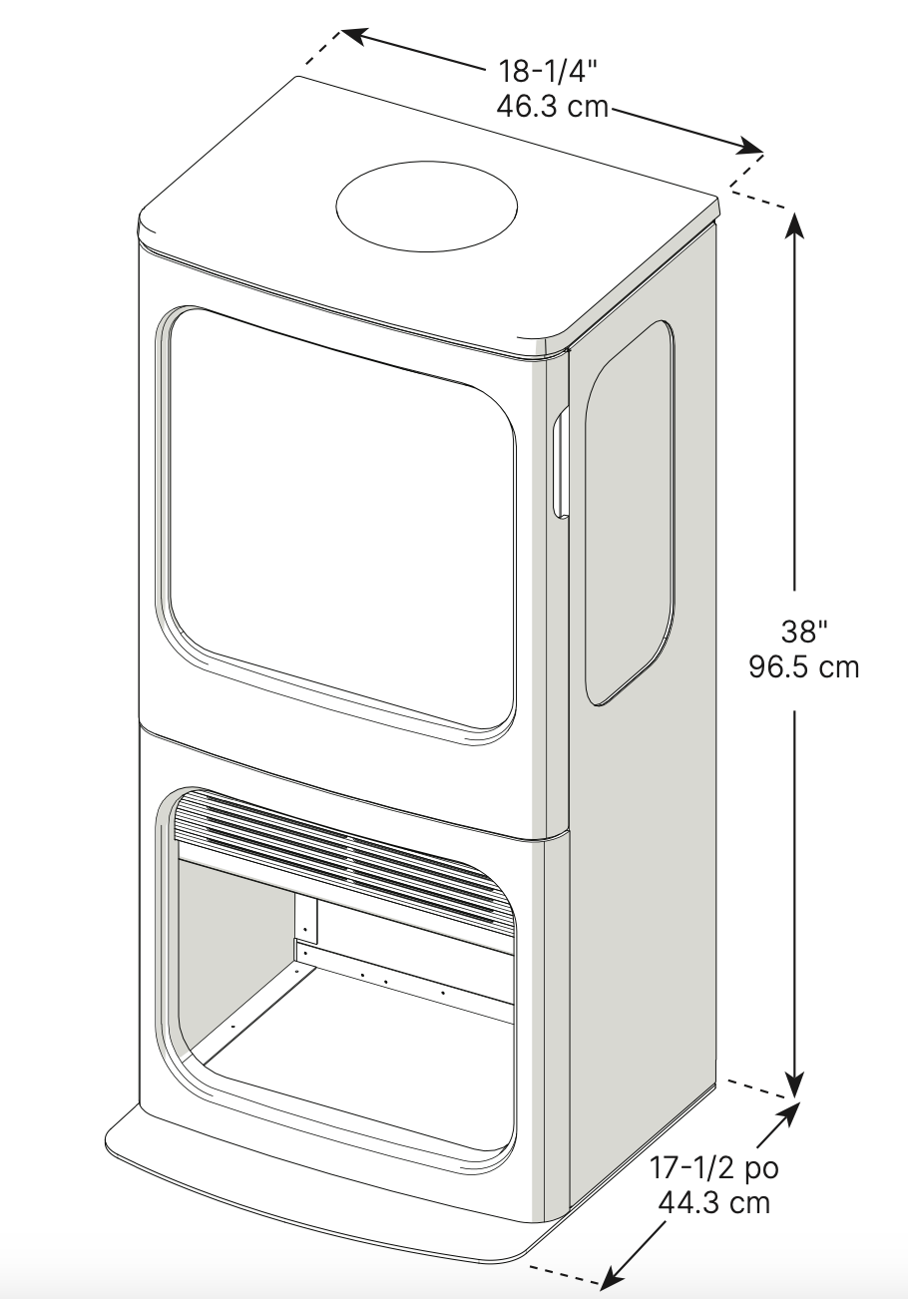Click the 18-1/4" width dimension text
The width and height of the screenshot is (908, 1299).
point(549,72)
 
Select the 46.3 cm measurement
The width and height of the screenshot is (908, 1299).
point(552,105)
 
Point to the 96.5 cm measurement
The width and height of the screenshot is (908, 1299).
point(803,665)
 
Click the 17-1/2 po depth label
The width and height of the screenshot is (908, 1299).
point(714,1167)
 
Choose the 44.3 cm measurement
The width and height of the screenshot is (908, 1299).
point(714,1201)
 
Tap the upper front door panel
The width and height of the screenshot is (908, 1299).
point(339,509)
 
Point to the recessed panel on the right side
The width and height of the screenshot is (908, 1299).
point(629,509)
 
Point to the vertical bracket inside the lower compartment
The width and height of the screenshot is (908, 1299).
point(305,919)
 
